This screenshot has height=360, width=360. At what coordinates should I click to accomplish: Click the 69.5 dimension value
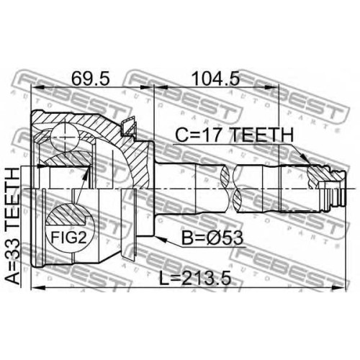pos(91,78)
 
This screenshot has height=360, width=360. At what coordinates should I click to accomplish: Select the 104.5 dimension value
pos(216,78)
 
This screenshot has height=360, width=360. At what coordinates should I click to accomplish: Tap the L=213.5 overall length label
pos(195,278)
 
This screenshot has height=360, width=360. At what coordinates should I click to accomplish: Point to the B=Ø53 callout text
pos(212,238)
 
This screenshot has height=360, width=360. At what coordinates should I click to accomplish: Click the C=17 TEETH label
pos(235,135)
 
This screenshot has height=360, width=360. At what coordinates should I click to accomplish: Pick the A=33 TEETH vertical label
pos(12,226)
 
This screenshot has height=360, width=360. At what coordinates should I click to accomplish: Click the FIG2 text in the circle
pos(69,238)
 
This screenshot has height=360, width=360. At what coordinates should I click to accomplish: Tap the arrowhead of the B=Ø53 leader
pos(159,238)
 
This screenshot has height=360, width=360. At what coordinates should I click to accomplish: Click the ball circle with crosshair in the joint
pos(65,137)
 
